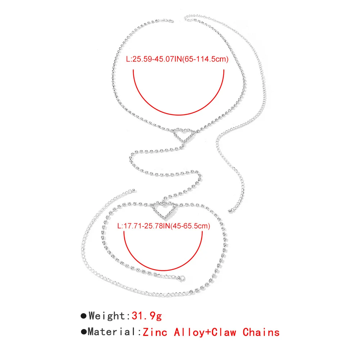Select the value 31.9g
[x=147, y=316]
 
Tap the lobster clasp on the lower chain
[x=182, y=278]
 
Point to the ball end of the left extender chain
[x=134, y=190]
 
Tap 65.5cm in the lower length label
[x=198, y=226]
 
